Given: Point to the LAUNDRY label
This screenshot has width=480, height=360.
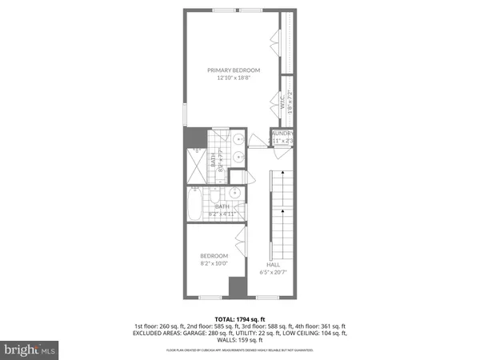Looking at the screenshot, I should [x=282, y=134].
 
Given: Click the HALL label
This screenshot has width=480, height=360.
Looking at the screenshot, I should [x=273, y=264].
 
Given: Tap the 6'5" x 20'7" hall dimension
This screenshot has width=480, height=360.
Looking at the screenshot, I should [x=273, y=273].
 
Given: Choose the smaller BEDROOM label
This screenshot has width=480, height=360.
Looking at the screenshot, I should [x=214, y=256].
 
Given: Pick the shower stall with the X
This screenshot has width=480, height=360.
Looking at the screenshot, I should [x=196, y=169].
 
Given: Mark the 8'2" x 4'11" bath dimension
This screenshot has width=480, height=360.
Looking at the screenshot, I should [x=222, y=214].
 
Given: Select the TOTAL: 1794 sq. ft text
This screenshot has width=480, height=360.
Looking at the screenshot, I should [x=239, y=320].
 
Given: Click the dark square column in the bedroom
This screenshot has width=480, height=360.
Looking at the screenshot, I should [x=235, y=287].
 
